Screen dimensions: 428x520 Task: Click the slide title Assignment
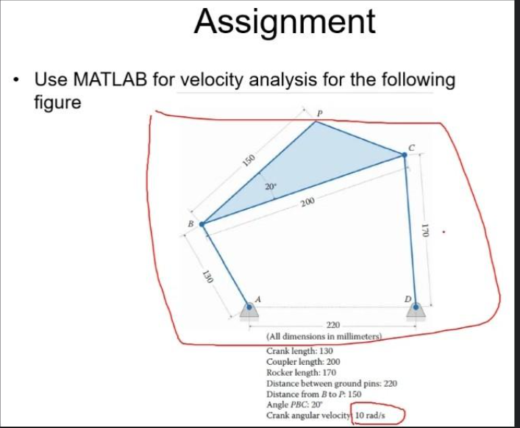285,22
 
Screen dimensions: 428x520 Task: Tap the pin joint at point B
202,224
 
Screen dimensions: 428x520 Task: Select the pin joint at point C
404,155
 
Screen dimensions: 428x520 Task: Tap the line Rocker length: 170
303,373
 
